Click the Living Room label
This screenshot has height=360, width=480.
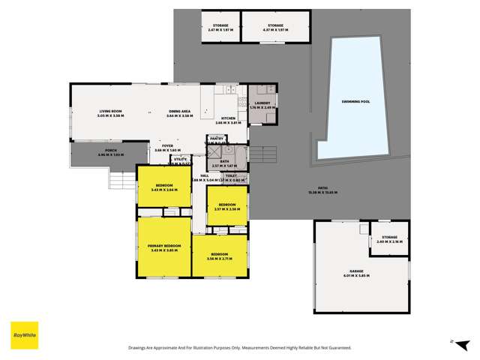111,113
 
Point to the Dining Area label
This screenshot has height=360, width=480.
180,113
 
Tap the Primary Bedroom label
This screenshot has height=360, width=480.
163,247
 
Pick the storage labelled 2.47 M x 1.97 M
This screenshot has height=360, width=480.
220,27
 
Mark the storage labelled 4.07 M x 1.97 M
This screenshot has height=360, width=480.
276,27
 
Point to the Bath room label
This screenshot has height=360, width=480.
224,163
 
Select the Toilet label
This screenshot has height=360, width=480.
231,177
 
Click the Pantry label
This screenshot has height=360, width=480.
217,139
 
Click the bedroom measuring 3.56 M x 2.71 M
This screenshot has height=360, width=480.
219,256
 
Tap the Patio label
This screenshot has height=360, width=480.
323,191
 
